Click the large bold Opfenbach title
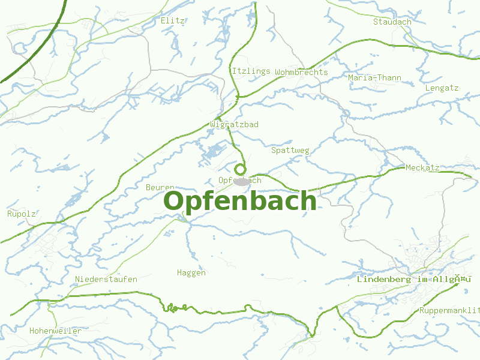[x=240, y=201]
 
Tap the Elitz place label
[x=173, y=20]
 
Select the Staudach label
[x=392, y=22]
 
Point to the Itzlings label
[x=251, y=71]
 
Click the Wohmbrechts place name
[x=301, y=72]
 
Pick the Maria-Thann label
[x=375, y=77]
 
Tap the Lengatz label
[x=442, y=88]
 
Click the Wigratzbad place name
[x=235, y=124]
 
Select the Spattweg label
[x=290, y=150]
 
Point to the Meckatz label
[x=422, y=167]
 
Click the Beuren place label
[x=160, y=187]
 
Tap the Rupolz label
[x=22, y=214]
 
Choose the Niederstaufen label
[x=106, y=279]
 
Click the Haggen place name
[x=191, y=272]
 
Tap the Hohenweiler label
[x=55, y=331]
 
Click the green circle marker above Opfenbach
[x=240, y=169]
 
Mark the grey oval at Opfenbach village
[x=241, y=181]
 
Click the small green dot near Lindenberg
[x=457, y=284]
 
